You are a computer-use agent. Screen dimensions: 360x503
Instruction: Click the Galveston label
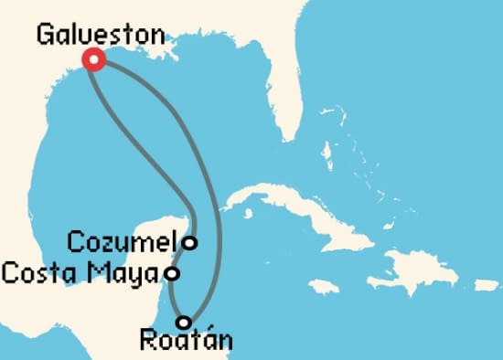(101, 35)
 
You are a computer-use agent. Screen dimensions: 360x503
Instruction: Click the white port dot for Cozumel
(189, 242)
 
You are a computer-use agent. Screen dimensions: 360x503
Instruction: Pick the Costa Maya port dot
(171, 272)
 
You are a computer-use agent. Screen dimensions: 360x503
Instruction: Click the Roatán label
(186, 342)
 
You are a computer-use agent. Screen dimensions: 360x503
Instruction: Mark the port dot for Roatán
(185, 322)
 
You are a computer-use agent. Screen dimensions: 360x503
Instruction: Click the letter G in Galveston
(45, 35)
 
